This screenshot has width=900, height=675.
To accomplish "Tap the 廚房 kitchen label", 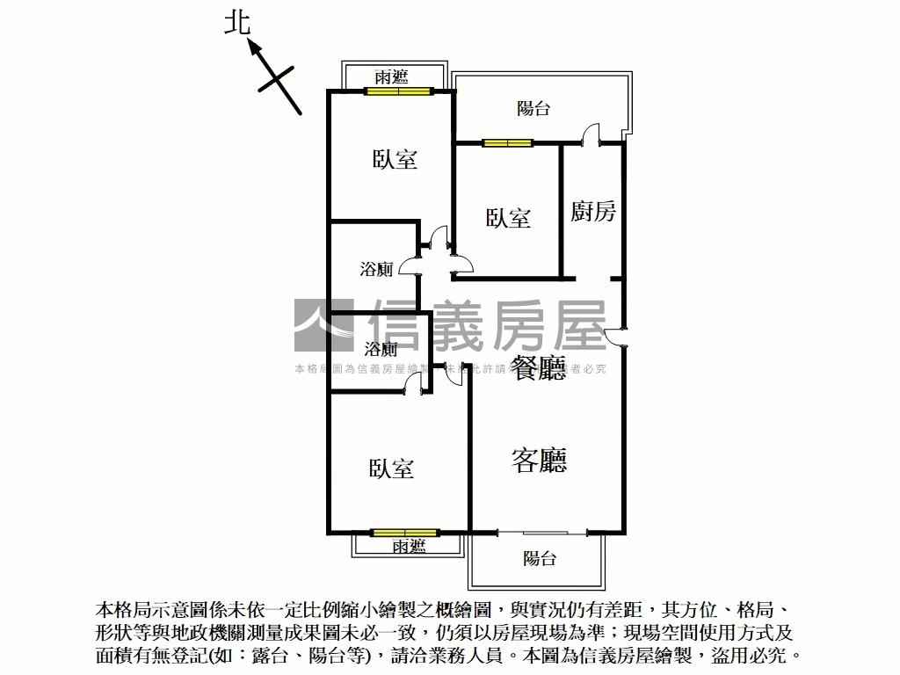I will [593, 211].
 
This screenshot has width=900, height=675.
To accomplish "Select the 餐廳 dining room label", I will [539, 367].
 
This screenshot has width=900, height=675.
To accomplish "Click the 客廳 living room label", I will [539, 460].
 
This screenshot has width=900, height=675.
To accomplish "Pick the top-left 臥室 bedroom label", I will [395, 159].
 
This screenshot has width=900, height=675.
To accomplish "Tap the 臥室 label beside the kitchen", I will [508, 217].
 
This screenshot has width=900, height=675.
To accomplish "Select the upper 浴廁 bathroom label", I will [377, 269].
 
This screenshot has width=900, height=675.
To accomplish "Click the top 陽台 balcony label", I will [533, 108].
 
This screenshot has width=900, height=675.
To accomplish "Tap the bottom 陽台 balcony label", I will [539, 557].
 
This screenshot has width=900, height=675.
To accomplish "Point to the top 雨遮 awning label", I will [391, 77].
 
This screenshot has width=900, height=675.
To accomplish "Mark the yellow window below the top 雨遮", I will [399, 90].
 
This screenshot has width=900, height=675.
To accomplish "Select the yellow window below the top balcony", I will [507, 142].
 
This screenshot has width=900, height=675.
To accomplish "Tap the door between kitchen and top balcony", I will [591, 136].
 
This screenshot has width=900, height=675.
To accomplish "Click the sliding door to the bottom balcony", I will [541, 532].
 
